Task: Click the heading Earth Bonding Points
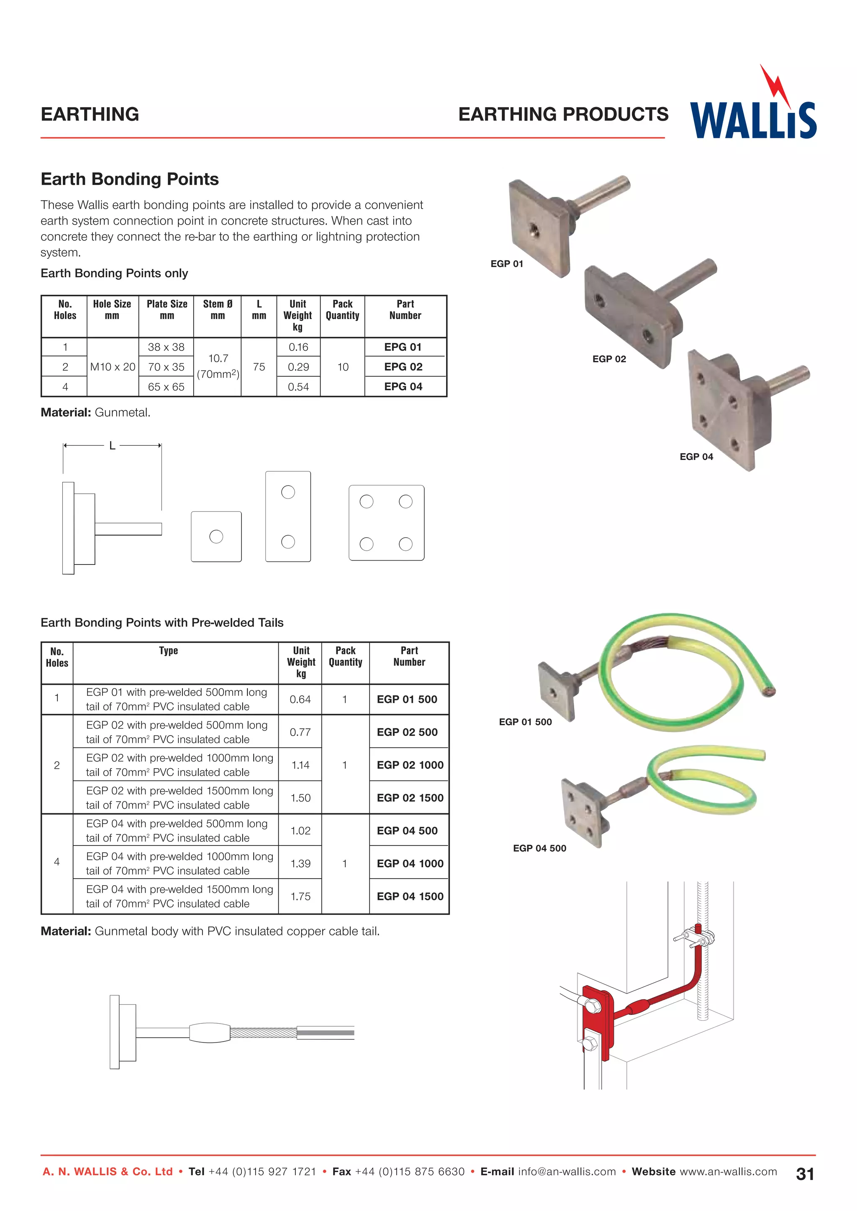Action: pyautogui.click(x=129, y=179)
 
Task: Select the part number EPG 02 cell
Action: pyautogui.click(x=403, y=367)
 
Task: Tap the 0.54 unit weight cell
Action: pyautogui.click(x=298, y=387)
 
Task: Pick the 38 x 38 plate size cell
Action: pyautogui.click(x=166, y=347)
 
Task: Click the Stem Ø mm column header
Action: pyautogui.click(x=218, y=309)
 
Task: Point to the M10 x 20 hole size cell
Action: pyautogui.click(x=113, y=367)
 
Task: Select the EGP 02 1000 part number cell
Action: pyautogui.click(x=410, y=765)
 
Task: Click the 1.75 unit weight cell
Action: pyautogui.click(x=300, y=896)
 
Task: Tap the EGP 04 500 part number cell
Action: pyautogui.click(x=407, y=831)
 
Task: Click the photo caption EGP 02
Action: pyautogui.click(x=609, y=359)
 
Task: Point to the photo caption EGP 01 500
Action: pyautogui.click(x=525, y=721)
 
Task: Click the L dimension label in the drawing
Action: pyautogui.click(x=112, y=446)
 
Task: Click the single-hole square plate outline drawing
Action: pyautogui.click(x=216, y=537)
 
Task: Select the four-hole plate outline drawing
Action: pyautogui.click(x=386, y=523)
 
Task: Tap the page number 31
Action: pyautogui.click(x=805, y=1174)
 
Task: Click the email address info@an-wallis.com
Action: pyautogui.click(x=567, y=1171)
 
